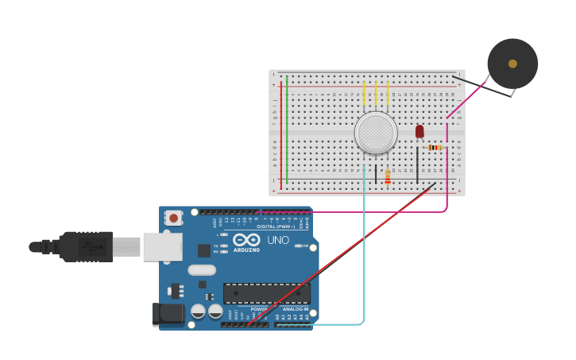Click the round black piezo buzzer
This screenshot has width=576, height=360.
[x=512, y=64]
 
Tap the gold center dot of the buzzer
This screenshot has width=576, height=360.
[x=512, y=64]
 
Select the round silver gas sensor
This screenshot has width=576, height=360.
[x=376, y=133]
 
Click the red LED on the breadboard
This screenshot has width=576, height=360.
[x=419, y=131]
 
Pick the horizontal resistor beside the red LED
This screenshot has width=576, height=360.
[x=435, y=147]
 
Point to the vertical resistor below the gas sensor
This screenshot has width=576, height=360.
[x=388, y=176]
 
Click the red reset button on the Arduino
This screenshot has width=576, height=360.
[x=173, y=217]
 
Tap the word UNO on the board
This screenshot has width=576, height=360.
[x=278, y=240]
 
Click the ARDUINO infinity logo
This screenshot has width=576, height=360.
[x=246, y=240]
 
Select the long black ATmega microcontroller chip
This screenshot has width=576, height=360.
[x=266, y=293]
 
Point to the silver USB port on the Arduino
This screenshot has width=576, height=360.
[x=162, y=246]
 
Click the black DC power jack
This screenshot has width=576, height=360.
[x=168, y=313]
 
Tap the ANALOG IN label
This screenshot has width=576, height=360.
[x=296, y=309]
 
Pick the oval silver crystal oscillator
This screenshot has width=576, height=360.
[x=202, y=269]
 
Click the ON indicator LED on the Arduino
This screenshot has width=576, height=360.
[x=299, y=246]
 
